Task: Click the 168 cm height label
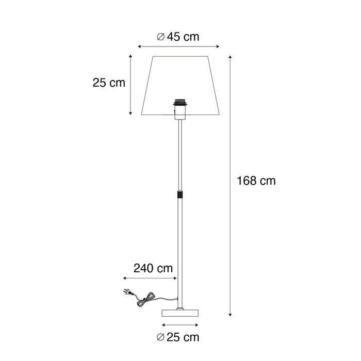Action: tap(256, 181)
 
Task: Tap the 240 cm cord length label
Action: tap(153, 268)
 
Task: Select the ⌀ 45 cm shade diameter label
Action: tap(178, 37)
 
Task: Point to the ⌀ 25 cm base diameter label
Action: tap(178, 338)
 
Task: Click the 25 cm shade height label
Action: tap(109, 83)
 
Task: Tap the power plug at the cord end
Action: tap(126, 292)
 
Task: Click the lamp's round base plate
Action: tap(180, 313)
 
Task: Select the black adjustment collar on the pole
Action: tap(180, 195)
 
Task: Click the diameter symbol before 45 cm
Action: tap(160, 37)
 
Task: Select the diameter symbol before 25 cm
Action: tap(160, 338)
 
